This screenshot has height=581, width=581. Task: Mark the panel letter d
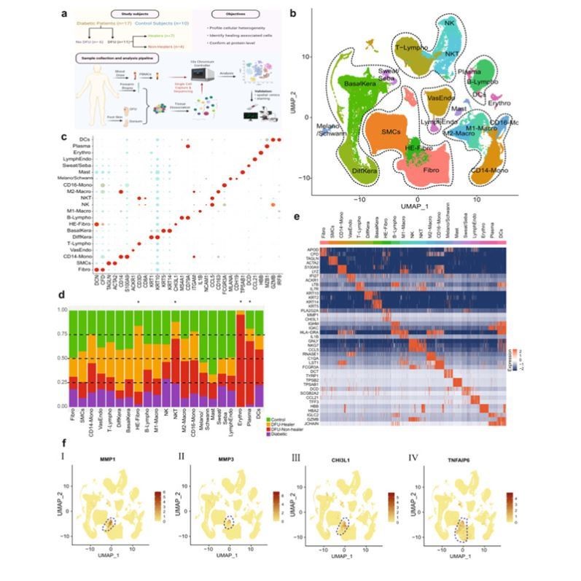coord(64,295)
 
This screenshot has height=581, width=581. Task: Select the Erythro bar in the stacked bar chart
coord(241,356)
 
